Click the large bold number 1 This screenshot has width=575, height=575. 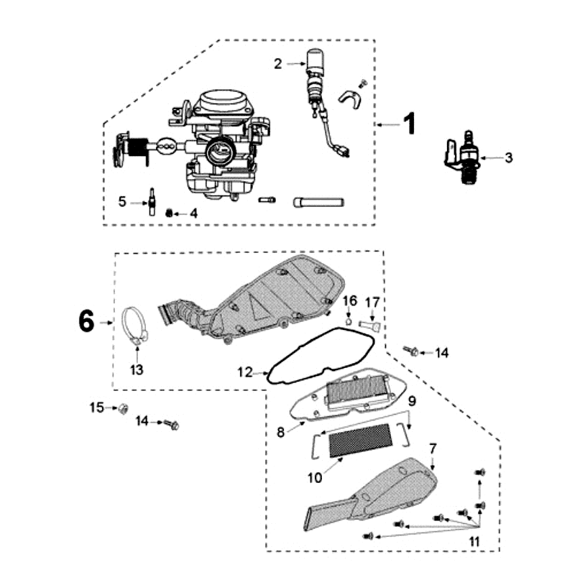coord(408,124)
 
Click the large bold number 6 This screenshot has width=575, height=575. coord(86,322)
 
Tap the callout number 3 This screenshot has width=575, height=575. coord(508,157)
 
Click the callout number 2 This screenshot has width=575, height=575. coord(278,64)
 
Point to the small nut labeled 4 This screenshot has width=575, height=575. coord(170,213)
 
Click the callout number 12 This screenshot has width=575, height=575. coord(244,372)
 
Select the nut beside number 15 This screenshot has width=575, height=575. coord(123,409)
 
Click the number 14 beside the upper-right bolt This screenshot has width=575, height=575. coord(441,352)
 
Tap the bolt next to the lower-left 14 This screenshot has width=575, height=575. coord(172,424)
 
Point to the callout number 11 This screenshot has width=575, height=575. coord(474,540)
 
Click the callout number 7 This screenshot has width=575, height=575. coord(433,448)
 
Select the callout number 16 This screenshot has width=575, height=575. coord(349,300)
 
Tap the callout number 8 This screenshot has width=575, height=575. coord(282,431)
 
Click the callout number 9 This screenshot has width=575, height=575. coord(412,400)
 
